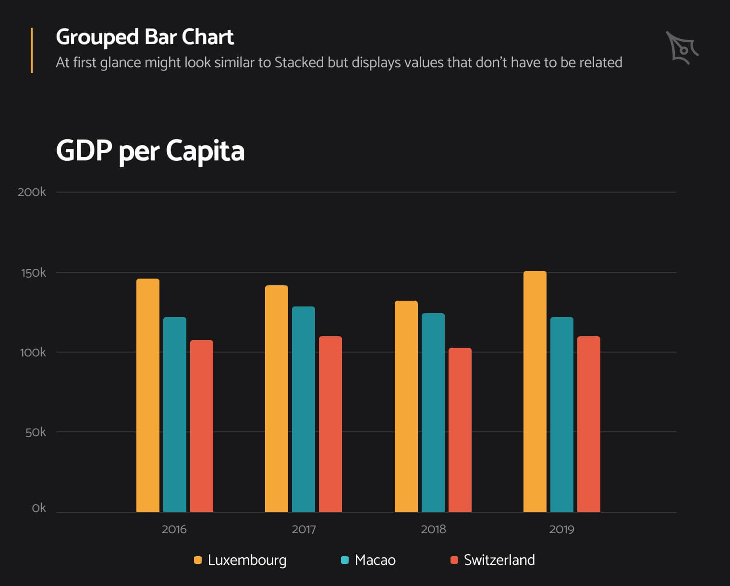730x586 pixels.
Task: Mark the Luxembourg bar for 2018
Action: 406,406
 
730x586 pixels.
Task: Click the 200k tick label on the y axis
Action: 32,192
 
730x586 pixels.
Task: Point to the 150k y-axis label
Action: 33,273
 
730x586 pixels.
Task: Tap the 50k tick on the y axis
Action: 36,432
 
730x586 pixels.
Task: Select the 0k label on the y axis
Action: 39,508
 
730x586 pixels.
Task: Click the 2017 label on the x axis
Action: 304,529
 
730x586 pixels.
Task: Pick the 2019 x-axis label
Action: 561,529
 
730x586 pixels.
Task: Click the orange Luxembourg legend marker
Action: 197,560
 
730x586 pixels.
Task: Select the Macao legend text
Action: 375,560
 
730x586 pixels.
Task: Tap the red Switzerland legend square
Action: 454,560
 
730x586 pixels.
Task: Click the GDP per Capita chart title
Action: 150,151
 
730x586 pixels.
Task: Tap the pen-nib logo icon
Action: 682,48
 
